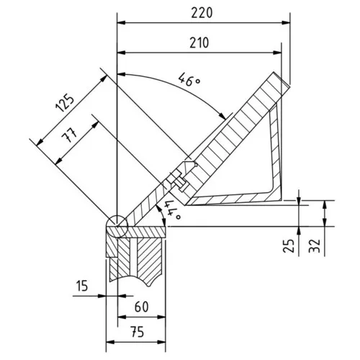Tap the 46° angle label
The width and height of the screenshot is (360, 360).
click(189, 81)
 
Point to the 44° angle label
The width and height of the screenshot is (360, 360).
click(172, 210)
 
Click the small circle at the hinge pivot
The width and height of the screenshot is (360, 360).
click(115, 225)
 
